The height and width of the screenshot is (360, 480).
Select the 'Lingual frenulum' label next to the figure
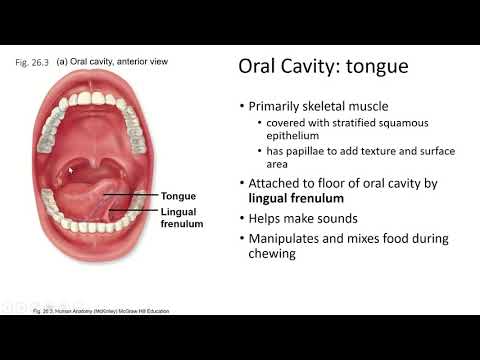click(x=182, y=218)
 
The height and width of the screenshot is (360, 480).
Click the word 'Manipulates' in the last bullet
click(x=287, y=238)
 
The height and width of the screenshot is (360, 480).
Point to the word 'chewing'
click(x=274, y=254)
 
